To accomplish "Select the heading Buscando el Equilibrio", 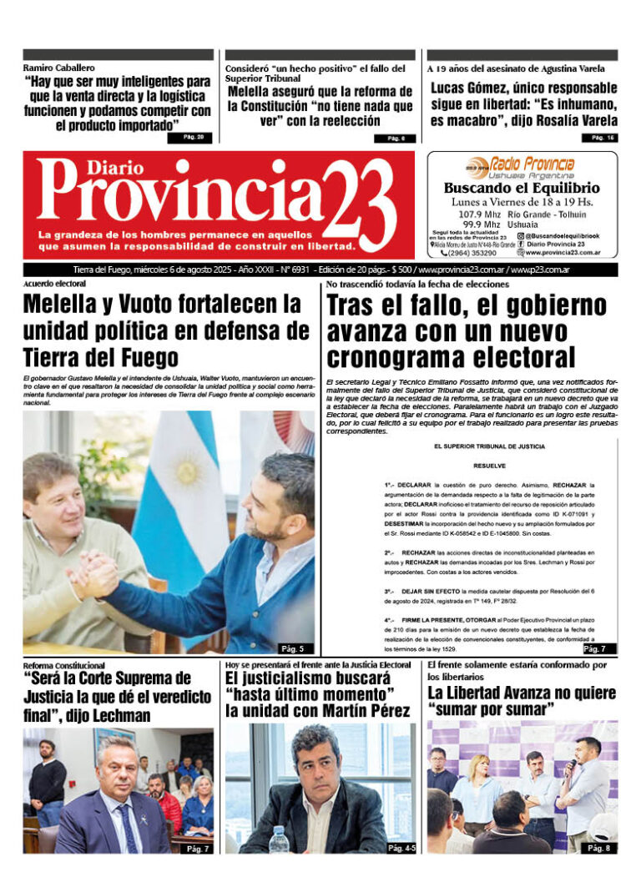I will (522, 188).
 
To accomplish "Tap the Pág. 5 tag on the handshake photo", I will (291, 648).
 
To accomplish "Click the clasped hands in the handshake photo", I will (93, 573).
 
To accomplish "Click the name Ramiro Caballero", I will (58, 67).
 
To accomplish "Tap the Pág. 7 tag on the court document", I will (595, 648).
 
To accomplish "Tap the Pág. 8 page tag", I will (598, 849).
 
